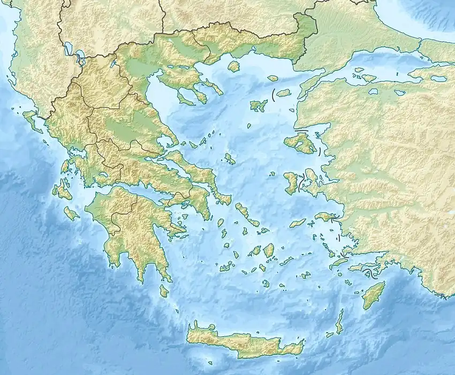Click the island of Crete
click(x=241, y=341)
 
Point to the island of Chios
click(x=291, y=182)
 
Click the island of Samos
click(x=325, y=217)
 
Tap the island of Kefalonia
click(x=62, y=189)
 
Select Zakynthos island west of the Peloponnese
click(x=71, y=214)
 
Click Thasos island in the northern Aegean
click(x=233, y=66)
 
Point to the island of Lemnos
click(x=259, y=105)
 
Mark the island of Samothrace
click(x=283, y=93)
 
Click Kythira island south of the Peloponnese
click(x=164, y=291)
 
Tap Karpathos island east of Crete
click(x=339, y=322)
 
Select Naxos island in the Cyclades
click(x=268, y=250)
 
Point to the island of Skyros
click(x=230, y=158)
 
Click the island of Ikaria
click(x=298, y=222)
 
